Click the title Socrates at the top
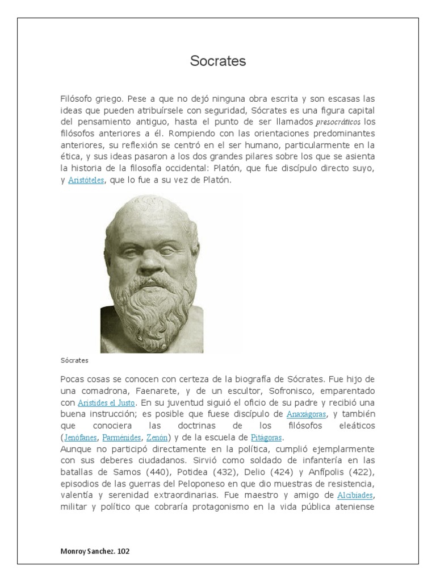click(x=218, y=61)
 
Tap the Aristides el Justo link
click(x=110, y=403)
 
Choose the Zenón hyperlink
click(x=157, y=438)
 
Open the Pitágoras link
click(x=266, y=438)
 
